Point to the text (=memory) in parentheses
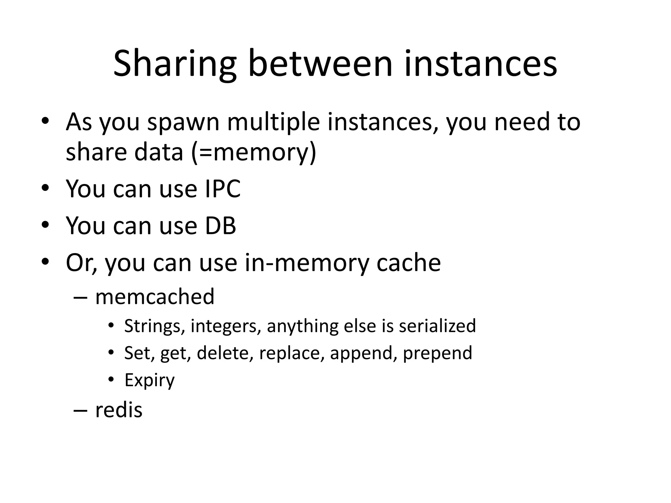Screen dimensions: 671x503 tap(254, 153)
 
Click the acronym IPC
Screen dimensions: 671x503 tap(223, 189)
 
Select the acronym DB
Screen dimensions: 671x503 tap(220, 226)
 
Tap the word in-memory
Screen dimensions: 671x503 tap(307, 263)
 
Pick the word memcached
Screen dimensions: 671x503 tap(155, 297)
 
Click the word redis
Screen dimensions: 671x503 tap(119, 410)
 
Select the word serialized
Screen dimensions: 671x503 tap(437, 326)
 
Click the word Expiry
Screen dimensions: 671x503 tap(149, 381)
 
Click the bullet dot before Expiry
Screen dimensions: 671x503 tap(111, 380)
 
